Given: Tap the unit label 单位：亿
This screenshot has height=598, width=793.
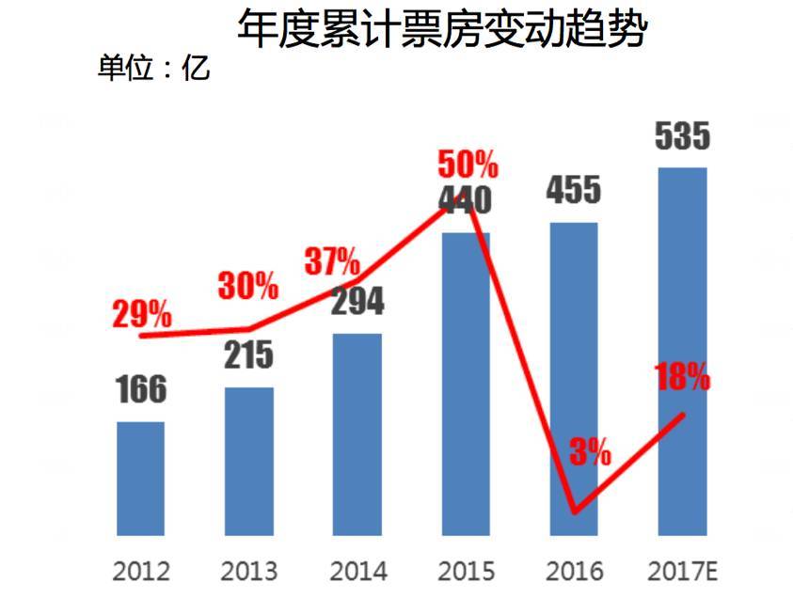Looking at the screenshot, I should click(154, 69).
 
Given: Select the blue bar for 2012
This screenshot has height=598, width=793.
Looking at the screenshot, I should click(140, 479).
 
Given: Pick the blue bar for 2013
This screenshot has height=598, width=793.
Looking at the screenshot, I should click(249, 461).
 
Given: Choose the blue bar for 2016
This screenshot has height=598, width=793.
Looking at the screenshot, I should click(574, 376).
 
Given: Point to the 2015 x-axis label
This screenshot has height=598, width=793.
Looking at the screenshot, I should click(466, 571).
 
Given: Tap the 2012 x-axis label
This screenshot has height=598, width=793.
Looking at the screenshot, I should click(140, 571).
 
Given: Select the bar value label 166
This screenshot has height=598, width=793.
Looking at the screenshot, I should click(141, 389).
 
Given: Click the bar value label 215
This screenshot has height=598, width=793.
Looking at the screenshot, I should click(248, 354).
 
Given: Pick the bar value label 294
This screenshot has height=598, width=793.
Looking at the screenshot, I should click(357, 302).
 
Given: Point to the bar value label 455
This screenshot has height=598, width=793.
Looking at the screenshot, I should click(573, 190).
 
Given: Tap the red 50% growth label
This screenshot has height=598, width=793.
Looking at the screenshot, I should click(467, 165).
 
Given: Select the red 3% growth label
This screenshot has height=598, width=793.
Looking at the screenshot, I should click(591, 452).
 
